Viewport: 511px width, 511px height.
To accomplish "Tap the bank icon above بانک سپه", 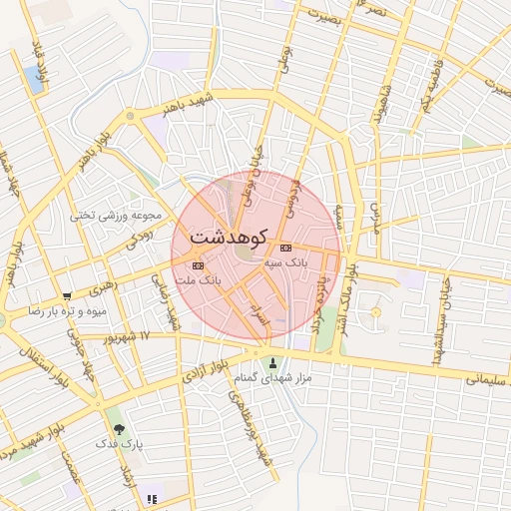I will [x=286, y=248].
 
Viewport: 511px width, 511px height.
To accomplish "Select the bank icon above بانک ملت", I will [x=198, y=265].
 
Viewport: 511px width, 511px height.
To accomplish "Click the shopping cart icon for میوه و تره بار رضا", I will [x=67, y=296].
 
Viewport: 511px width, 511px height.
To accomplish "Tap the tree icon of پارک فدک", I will [x=120, y=428].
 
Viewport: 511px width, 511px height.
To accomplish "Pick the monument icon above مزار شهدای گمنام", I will [x=274, y=361].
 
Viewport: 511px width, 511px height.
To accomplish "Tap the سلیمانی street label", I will [x=486, y=378].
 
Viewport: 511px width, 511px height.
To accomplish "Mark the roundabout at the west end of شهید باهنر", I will [x=129, y=118].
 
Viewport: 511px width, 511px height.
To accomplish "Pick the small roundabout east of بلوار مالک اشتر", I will [x=376, y=313].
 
